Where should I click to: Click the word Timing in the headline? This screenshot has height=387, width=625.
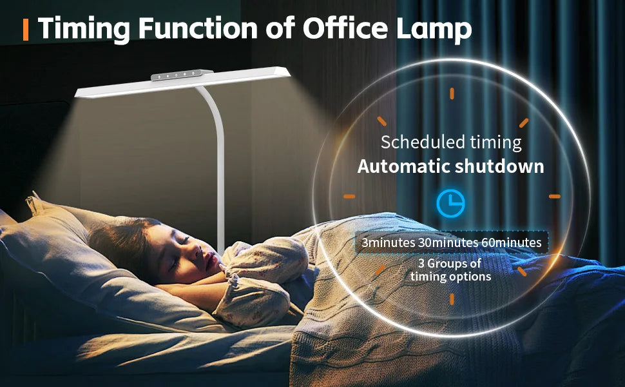point(84,29)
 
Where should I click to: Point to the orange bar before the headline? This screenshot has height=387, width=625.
point(26,29)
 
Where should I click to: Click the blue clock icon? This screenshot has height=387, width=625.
point(450,203)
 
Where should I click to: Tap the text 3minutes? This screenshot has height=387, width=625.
point(389,243)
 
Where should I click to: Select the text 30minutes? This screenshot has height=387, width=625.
point(448,243)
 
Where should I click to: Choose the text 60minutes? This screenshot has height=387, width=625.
point(512,243)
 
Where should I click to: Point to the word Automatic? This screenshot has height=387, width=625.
point(403,166)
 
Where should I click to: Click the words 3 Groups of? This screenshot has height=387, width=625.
point(450,264)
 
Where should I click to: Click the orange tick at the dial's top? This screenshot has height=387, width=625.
point(452,94)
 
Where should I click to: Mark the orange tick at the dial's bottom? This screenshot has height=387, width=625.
point(452,299)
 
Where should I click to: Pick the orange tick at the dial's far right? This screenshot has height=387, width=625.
point(555,196)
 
